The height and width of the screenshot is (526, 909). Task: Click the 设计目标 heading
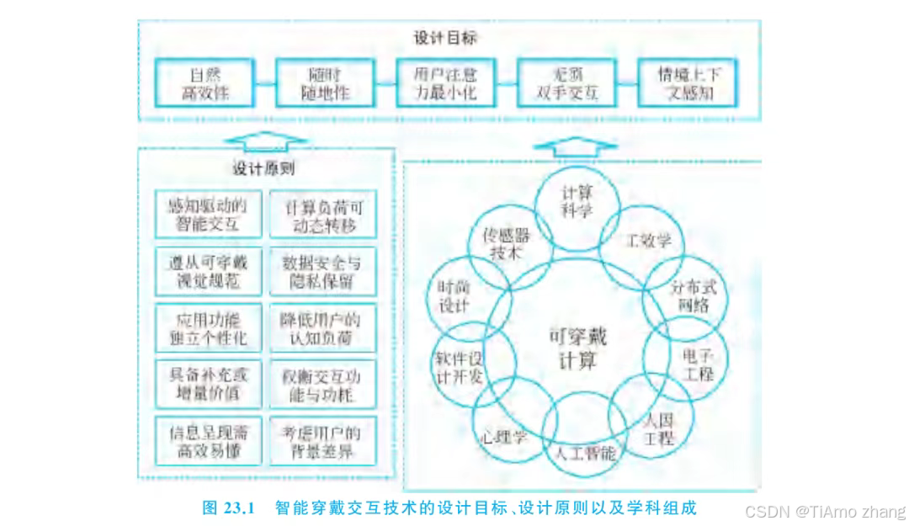coord(447,39)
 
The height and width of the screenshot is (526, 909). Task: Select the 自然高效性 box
coord(206,83)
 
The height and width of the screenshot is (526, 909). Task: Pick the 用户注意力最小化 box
coord(445,83)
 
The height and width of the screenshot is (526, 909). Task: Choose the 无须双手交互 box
coord(566,83)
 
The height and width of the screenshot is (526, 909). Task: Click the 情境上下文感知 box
coord(685,83)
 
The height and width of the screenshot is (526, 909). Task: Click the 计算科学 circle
coord(577,200)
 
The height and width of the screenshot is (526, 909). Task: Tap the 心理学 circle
coord(504,436)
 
